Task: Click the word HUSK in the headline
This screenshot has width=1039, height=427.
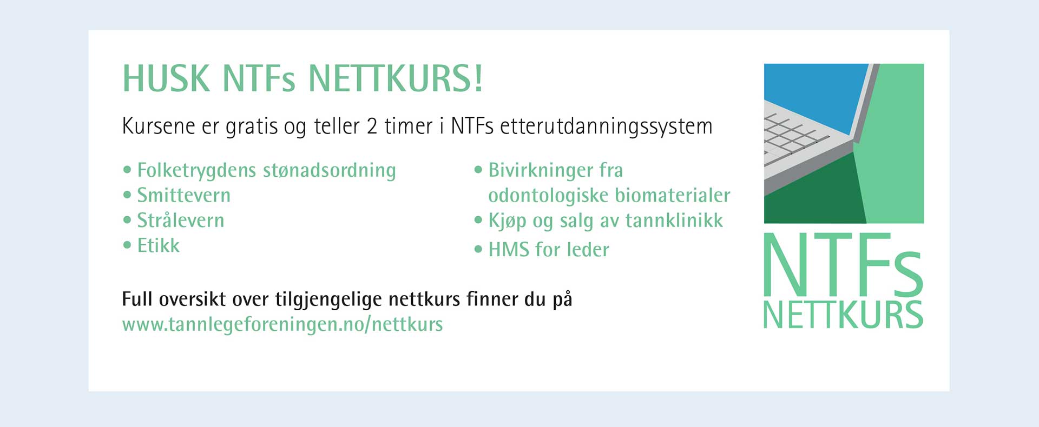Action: click(166, 79)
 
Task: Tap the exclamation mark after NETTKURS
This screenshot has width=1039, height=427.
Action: click(478, 79)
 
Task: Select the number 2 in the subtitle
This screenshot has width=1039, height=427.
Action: click(372, 126)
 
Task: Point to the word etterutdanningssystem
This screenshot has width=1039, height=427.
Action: click(606, 127)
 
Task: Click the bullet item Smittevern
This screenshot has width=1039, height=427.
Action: click(183, 195)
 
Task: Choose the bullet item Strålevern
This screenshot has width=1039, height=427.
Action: click(180, 220)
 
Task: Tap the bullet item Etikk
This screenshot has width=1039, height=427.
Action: click(158, 245)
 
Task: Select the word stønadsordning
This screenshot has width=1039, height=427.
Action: click(330, 171)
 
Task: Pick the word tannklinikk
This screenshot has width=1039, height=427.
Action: click(674, 220)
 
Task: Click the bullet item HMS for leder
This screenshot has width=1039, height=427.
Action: click(549, 250)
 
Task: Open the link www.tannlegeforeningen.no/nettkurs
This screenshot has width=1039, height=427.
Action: click(282, 325)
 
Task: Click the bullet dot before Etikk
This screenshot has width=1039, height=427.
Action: click(127, 245)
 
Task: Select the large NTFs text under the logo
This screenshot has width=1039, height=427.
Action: click(843, 265)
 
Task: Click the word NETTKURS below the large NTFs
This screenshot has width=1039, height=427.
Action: click(843, 315)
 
